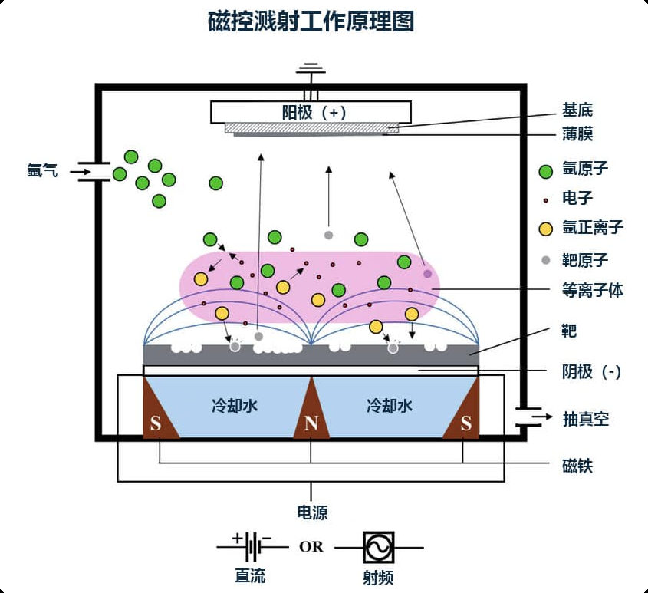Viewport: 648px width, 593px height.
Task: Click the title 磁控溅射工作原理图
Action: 311,21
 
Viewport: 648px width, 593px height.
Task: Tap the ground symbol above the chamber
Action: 311,71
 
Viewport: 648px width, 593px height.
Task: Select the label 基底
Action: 577,110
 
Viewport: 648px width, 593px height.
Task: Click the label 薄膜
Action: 577,135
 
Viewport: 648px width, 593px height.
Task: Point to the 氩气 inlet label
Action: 42,171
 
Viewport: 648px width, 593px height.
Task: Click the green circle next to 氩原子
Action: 546,171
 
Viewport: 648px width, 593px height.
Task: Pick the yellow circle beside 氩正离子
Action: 546,229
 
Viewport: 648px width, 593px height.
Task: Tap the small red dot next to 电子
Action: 546,199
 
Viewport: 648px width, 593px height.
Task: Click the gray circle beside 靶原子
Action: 546,260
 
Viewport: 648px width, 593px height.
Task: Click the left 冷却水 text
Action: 234,406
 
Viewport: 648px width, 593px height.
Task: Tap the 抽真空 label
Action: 585,419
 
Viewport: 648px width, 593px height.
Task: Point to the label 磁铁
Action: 577,465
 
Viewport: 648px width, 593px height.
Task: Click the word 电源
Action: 311,513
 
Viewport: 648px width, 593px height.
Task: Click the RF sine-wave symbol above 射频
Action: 379,548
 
